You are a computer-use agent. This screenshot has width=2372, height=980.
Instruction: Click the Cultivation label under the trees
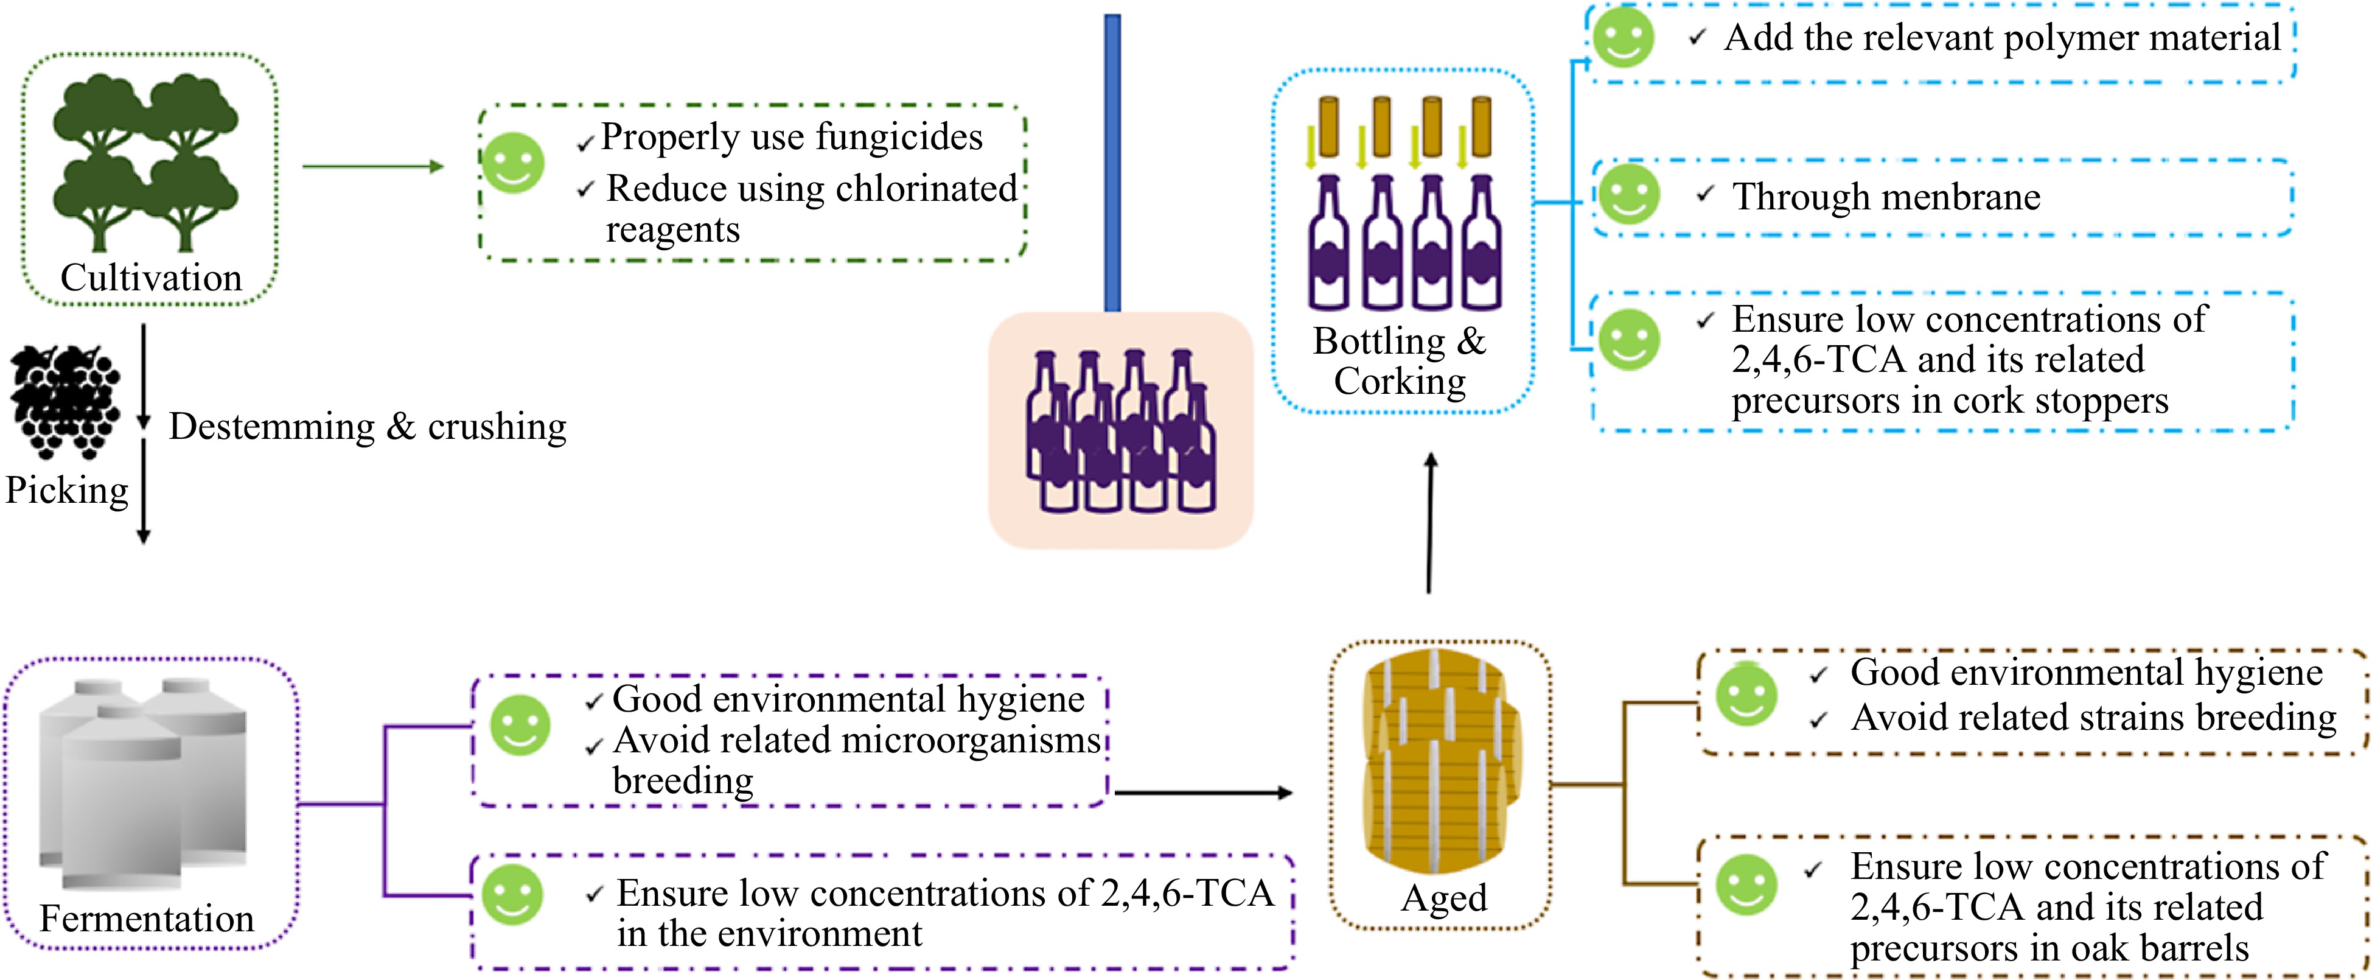point(151,277)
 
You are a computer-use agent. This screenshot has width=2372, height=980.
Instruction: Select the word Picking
point(66,490)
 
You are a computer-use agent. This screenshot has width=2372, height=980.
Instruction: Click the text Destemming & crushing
point(368,427)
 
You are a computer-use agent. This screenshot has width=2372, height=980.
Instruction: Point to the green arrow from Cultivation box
point(373,167)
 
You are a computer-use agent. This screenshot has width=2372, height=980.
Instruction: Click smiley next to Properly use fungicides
point(513,163)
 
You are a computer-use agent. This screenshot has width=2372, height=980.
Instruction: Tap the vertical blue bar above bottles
point(1112,162)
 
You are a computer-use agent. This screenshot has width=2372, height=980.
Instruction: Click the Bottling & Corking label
point(1400,361)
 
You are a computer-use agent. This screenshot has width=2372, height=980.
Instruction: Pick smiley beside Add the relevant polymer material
point(1624,38)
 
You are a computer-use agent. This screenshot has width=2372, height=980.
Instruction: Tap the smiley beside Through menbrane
point(1628,194)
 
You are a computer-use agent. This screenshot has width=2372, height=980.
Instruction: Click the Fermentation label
point(147,919)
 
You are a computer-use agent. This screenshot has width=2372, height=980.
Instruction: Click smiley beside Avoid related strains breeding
point(1746,695)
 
